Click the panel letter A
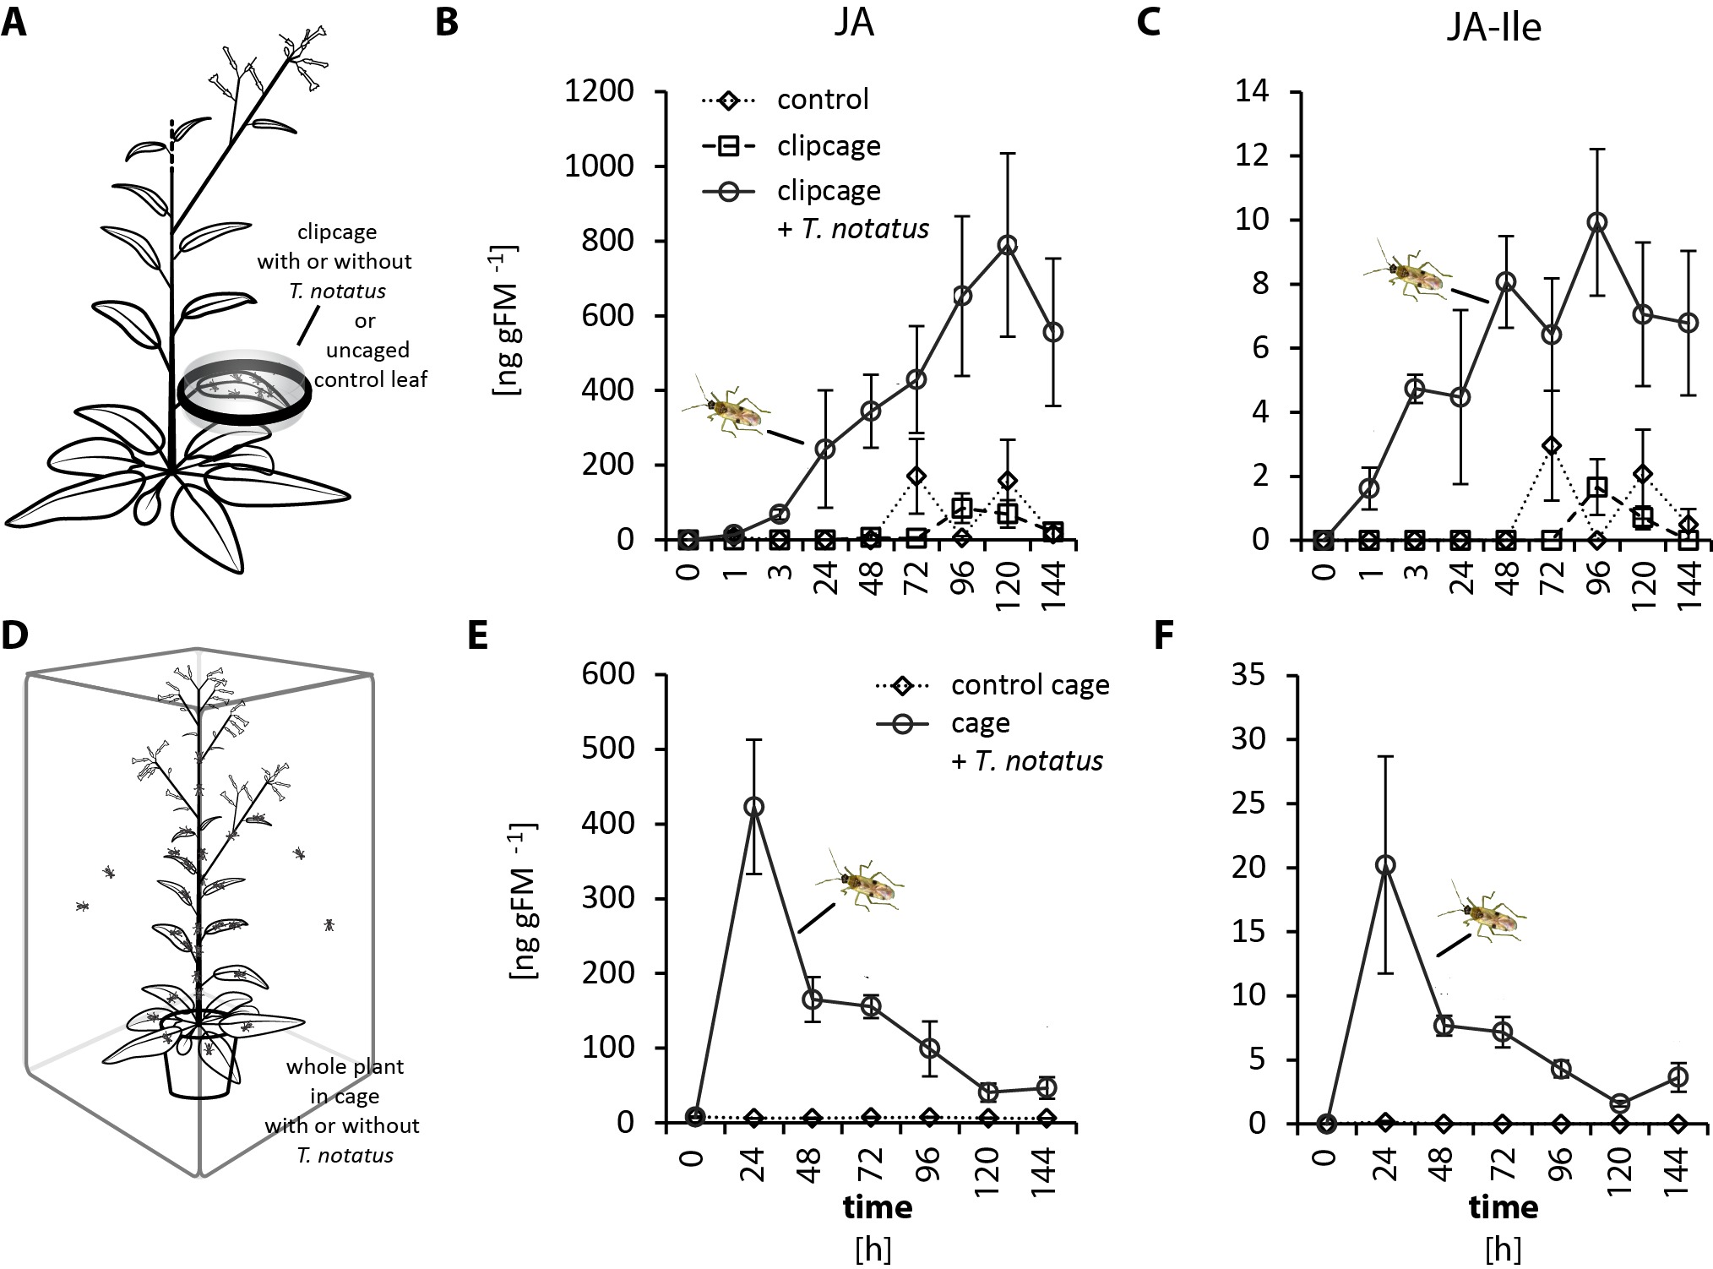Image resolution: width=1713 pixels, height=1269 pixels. [14, 23]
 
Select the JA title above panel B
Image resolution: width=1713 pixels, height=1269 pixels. [851, 24]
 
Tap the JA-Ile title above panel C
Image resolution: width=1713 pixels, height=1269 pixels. [1493, 27]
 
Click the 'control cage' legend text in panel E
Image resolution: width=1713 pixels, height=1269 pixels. [1030, 684]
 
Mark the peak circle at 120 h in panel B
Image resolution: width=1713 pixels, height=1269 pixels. [1007, 245]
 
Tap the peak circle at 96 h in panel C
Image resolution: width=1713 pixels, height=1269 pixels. [1596, 222]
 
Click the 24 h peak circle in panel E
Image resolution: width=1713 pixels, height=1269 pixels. [753, 807]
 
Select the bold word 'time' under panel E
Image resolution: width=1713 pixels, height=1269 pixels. [878, 1206]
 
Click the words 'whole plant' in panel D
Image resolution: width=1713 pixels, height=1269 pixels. [345, 1066]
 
